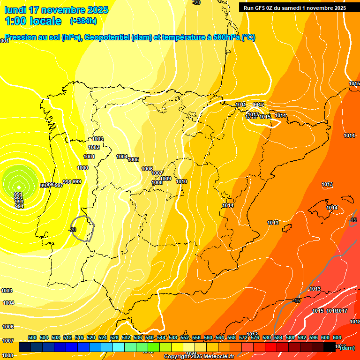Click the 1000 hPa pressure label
82,168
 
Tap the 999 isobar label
77,181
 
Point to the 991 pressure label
18,194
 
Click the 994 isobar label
19,206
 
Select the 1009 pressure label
165,179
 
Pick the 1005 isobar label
133,159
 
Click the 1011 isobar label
241,105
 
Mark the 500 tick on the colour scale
32,337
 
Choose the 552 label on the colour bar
185,337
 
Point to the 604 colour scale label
337,337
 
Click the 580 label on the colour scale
267,337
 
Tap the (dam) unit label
347,347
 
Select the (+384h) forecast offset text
83,21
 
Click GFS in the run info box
262,8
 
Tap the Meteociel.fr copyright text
199,357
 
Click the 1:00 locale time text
33,21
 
